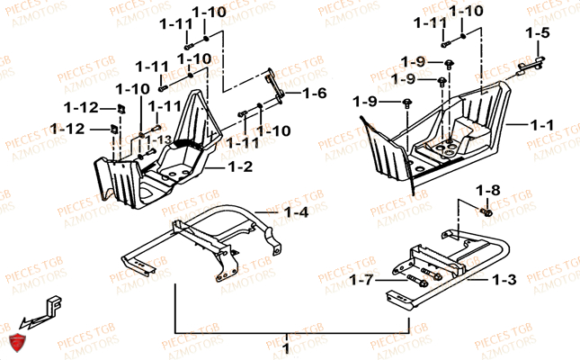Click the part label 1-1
(541, 126)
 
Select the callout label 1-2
(241, 166)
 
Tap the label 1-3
(504, 280)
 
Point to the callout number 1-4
(296, 212)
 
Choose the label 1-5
(537, 33)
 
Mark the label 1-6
(315, 94)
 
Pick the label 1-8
(487, 190)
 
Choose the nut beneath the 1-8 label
(486, 212)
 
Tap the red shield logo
(15, 341)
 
